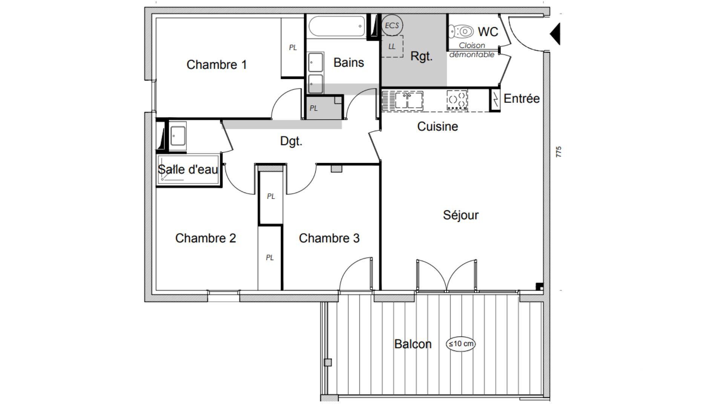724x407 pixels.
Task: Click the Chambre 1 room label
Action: tap(216, 64)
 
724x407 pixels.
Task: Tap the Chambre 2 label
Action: tap(206, 238)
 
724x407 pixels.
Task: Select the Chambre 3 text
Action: tap(329, 238)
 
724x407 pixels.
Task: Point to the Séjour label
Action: tap(460, 215)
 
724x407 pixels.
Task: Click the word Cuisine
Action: tap(437, 126)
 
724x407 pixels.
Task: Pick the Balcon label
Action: tap(413, 344)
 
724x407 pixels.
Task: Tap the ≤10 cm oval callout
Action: tap(460, 344)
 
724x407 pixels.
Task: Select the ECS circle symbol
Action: tap(392, 25)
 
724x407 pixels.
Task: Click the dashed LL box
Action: tap(392, 47)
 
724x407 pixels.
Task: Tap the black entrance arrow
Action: tap(555, 34)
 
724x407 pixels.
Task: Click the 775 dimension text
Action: tap(558, 152)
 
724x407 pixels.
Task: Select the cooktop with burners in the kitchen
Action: tap(457, 101)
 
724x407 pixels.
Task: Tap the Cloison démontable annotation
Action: tap(472, 50)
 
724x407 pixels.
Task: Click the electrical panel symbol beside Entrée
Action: tap(495, 100)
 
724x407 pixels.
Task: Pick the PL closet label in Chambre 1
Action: tap(293, 47)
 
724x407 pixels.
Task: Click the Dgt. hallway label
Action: tap(291, 141)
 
